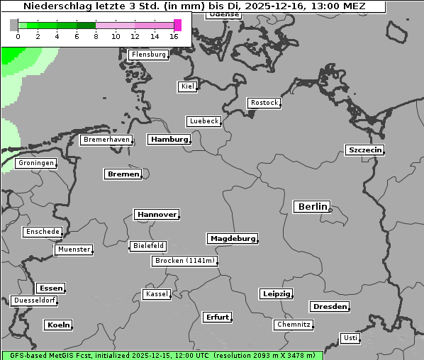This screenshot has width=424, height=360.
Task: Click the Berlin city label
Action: [311, 207]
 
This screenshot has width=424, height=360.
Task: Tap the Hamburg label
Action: [169, 140]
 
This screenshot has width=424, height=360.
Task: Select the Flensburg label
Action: [149, 55]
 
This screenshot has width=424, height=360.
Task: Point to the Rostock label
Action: [264, 103]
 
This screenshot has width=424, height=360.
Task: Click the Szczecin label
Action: [365, 150]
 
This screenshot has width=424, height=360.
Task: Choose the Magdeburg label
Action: [233, 239]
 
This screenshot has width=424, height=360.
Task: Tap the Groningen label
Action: [36, 163]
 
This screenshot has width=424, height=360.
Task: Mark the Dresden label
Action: [329, 307]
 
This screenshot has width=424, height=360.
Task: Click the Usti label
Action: [350, 338]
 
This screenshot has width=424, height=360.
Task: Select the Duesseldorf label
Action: [35, 300]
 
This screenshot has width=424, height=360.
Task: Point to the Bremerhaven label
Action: [106, 140]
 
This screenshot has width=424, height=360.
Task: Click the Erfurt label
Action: [217, 317]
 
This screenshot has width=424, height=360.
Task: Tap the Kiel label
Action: [187, 86]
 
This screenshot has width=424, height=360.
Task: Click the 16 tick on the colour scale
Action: [174, 36]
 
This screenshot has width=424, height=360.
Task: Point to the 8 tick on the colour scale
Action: [96, 36]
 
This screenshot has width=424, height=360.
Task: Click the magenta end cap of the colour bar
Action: [177, 25]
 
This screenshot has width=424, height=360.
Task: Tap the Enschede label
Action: [43, 232]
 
